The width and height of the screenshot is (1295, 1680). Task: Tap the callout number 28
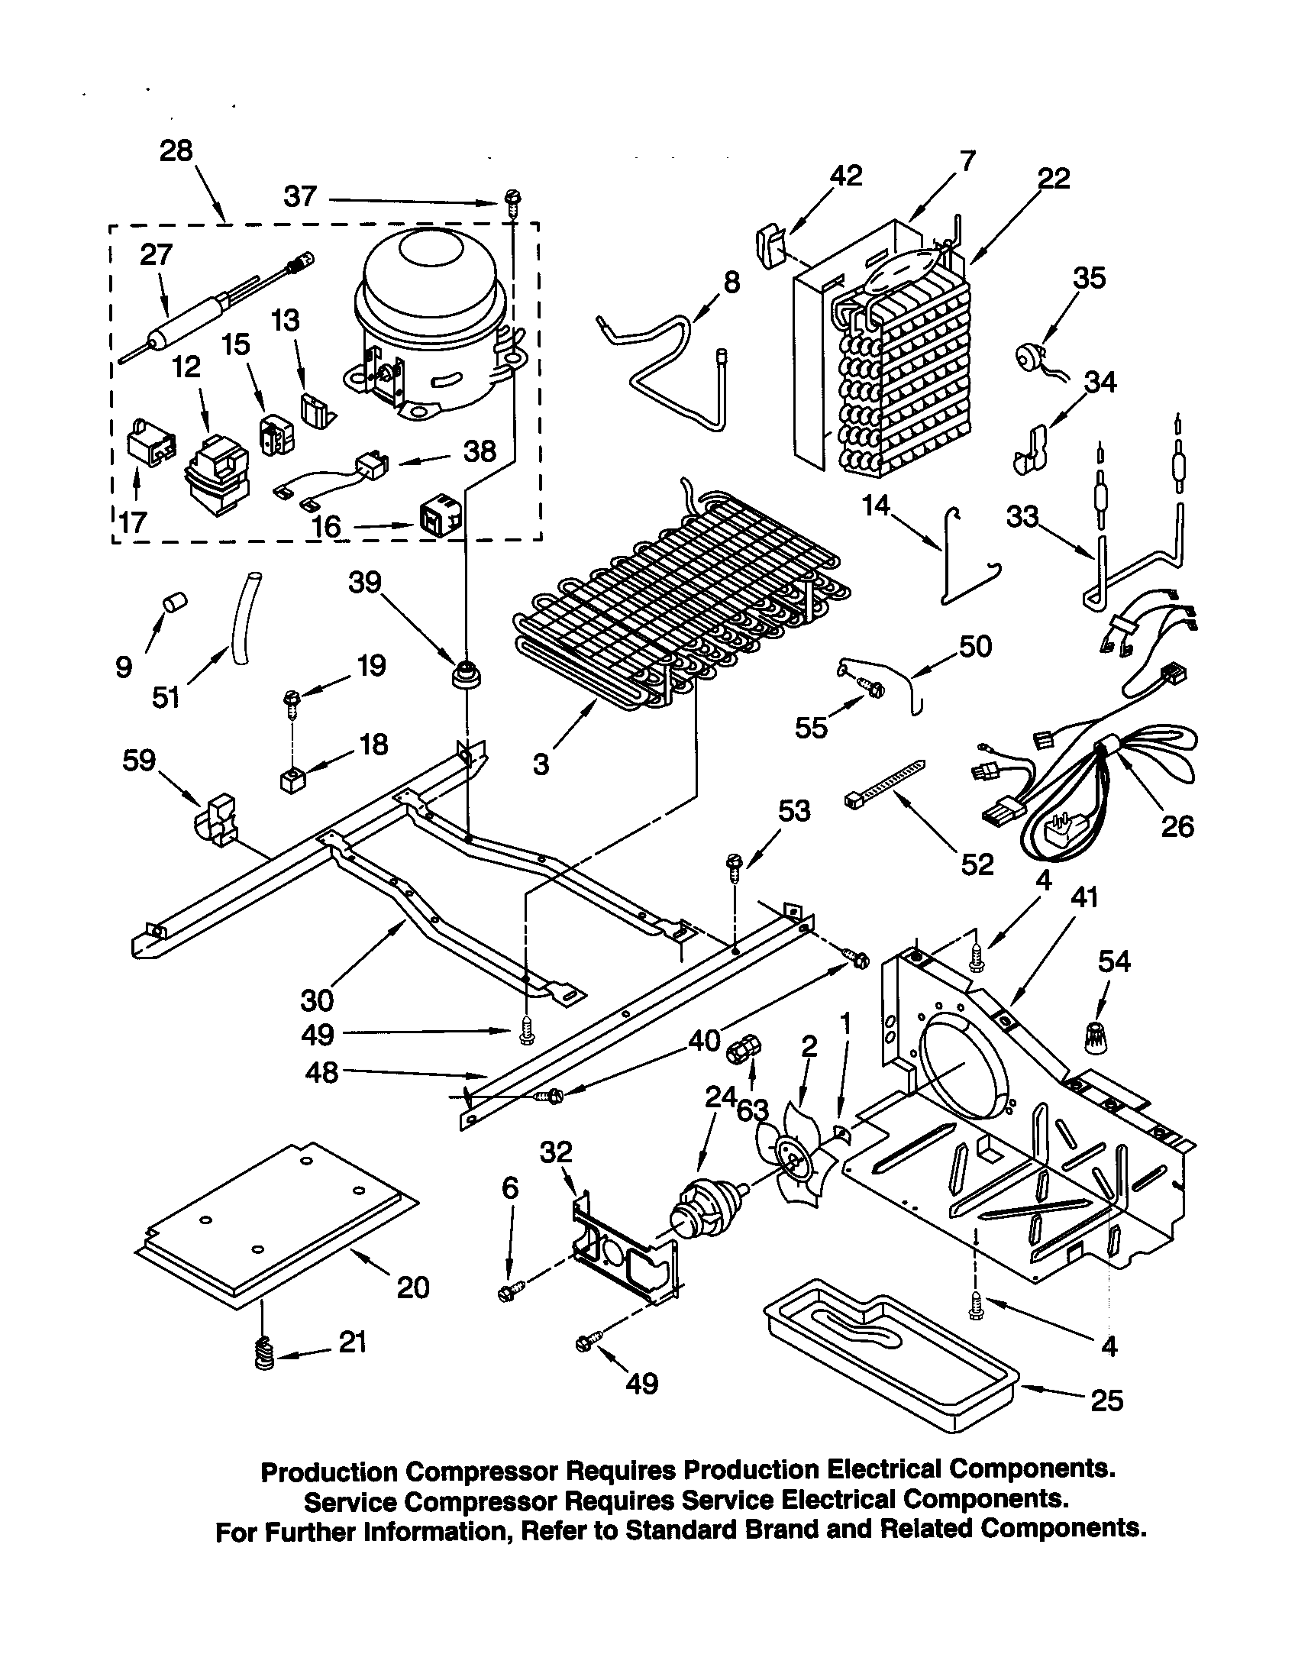click(176, 150)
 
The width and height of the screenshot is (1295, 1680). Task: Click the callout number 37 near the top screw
click(300, 197)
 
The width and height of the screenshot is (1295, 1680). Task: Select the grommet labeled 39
click(467, 674)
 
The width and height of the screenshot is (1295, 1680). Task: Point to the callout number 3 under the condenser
click(541, 764)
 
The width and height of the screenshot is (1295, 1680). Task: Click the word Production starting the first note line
click(330, 1472)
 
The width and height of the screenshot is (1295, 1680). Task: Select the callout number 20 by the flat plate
click(413, 1287)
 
